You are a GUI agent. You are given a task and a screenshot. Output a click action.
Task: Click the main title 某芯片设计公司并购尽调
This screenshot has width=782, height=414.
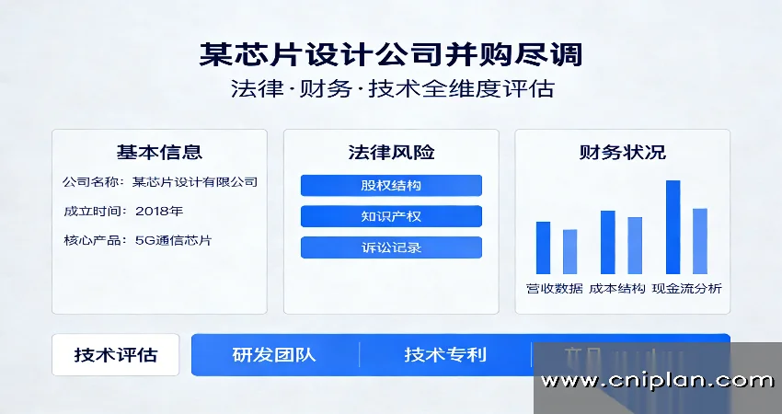[390, 54]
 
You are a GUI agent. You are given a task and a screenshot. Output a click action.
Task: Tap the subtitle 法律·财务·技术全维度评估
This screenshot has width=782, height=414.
[390, 90]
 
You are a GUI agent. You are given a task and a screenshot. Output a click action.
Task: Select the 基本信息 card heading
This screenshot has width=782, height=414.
[159, 152]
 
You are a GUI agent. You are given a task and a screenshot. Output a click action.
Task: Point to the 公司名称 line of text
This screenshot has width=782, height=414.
[159, 181]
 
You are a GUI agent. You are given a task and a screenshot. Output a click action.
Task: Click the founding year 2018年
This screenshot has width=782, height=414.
[159, 211]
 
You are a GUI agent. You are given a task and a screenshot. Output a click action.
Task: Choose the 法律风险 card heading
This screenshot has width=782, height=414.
[391, 152]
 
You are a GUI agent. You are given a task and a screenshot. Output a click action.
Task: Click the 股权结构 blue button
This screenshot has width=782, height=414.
[391, 185]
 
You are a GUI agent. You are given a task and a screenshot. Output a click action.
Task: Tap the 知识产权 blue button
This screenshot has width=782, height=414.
[391, 216]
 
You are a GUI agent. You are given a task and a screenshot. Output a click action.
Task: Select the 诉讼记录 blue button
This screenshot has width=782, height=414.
[391, 247]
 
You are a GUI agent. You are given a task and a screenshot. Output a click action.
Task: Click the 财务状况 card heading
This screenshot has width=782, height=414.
[623, 152]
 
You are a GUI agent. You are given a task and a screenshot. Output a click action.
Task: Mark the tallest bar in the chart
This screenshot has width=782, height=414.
[673, 226]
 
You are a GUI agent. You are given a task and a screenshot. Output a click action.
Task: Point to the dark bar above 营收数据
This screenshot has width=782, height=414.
[543, 247]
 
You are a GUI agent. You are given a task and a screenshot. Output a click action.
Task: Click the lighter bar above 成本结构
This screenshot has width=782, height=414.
[635, 245]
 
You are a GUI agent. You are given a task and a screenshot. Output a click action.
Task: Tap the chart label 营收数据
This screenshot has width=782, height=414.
[555, 289]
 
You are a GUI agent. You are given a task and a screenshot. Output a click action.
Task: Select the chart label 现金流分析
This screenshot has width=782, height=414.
[686, 289]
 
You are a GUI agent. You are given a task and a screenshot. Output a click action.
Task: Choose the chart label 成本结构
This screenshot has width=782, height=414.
[617, 289]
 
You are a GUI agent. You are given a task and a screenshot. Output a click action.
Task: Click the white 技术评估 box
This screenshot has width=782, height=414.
[116, 355]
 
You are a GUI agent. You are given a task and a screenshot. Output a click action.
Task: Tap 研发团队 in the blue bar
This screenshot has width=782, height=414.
[274, 355]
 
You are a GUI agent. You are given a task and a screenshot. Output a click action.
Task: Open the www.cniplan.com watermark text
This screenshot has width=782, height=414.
[657, 381]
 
